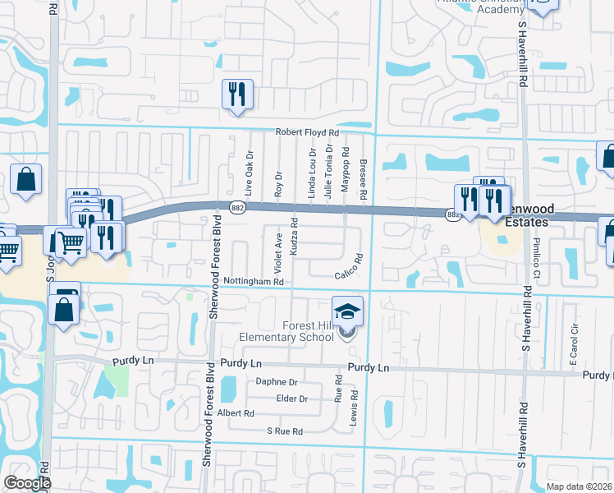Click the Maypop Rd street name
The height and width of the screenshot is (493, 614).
[x=346, y=174]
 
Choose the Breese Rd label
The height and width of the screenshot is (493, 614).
[x=362, y=174]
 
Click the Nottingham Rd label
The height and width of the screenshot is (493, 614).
[x=254, y=282]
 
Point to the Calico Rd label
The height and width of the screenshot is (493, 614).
[x=348, y=275]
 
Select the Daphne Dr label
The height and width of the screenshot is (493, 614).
[x=277, y=382]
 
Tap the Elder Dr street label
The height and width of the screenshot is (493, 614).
[x=292, y=399]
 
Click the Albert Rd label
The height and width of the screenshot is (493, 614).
[x=236, y=413]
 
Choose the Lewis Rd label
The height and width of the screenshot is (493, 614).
[x=355, y=406]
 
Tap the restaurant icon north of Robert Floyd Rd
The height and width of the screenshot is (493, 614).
[x=237, y=94]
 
